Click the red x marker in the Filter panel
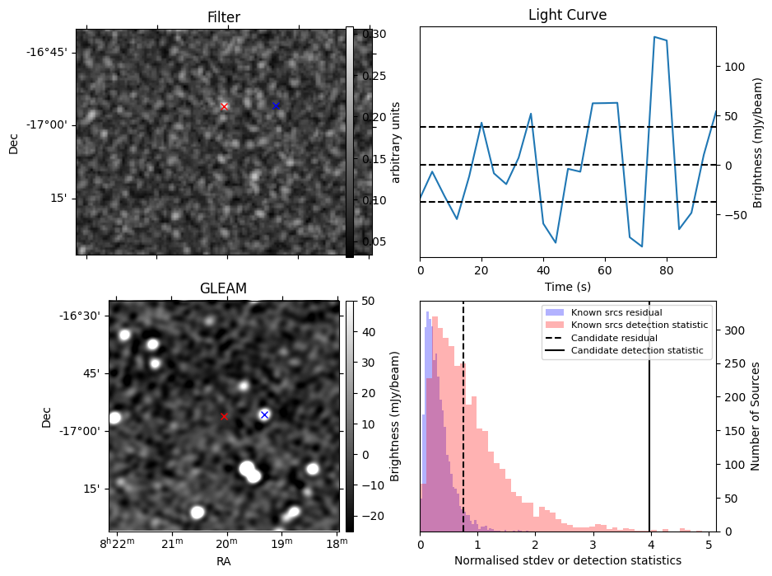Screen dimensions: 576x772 coord(224,106)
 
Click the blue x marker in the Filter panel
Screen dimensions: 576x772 coord(276,105)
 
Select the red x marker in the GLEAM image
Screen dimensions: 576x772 coord(224,416)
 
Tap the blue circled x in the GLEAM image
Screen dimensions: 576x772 coord(264,414)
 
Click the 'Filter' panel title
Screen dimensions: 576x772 coord(223,16)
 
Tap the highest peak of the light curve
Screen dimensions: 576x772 coord(654,37)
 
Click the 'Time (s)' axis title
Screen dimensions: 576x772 coord(567,287)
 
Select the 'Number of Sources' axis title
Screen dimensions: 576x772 coord(756,416)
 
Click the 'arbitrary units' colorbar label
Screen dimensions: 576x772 coord(395,142)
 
